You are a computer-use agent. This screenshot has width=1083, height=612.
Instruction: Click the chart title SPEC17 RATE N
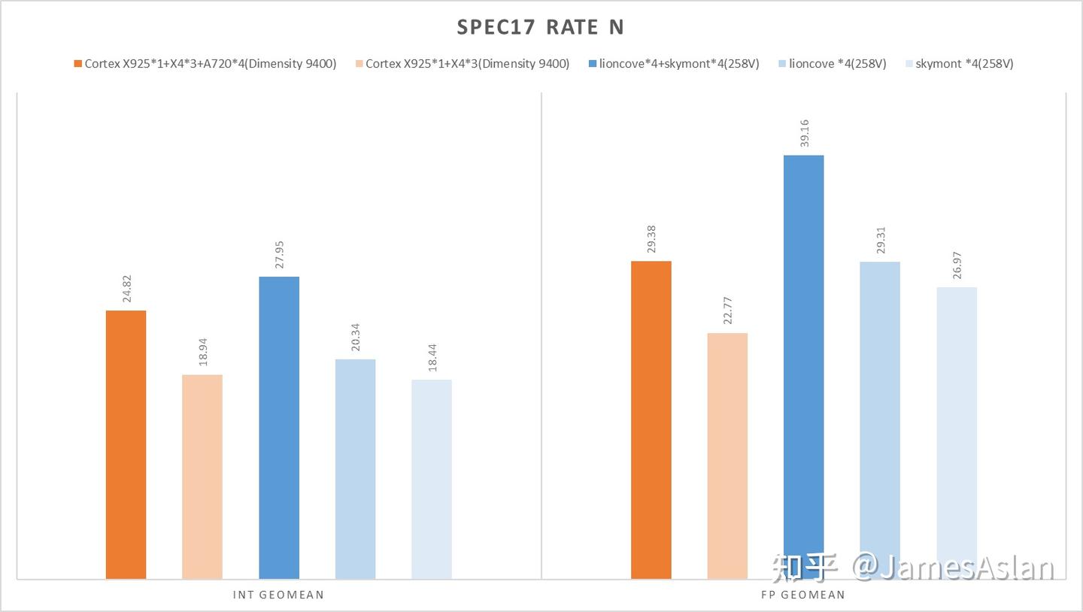coord(541,28)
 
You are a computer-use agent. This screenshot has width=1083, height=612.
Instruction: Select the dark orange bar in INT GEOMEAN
coord(126,444)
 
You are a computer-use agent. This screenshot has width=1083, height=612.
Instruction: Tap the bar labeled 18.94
coord(202,476)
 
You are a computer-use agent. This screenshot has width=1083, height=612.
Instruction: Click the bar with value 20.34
coord(355,468)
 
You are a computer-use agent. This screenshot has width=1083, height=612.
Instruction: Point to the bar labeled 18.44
coord(432,478)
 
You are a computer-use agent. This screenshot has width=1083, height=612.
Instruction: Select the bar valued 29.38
coord(651,420)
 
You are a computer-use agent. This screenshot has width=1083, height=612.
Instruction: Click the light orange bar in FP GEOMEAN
coord(727,455)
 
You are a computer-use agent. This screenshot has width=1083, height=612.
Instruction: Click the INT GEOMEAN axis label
coord(279,595)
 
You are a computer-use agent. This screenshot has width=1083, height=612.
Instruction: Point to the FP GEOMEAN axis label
coord(803,595)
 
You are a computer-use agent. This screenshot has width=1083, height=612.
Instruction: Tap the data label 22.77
coord(728,311)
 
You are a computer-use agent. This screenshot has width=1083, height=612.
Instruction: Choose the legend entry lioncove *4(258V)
coord(837,64)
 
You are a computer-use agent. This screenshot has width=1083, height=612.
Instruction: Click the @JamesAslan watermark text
coord(954,568)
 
